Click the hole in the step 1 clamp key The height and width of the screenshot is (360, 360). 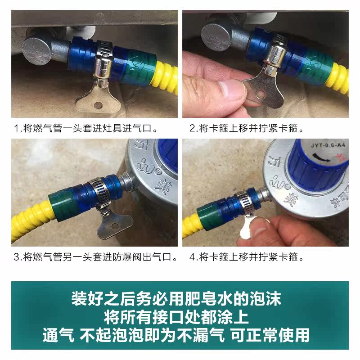click(98, 105)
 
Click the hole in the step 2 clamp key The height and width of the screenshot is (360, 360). click(261, 94)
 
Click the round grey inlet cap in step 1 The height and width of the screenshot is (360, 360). click(37, 51)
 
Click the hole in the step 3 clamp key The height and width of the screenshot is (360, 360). click(115, 227)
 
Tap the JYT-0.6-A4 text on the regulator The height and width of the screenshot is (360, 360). click(328, 145)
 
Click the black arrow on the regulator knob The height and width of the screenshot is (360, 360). click(321, 157)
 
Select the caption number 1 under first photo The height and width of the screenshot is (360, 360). click(17, 128)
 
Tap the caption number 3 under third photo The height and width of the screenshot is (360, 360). click(17, 257)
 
